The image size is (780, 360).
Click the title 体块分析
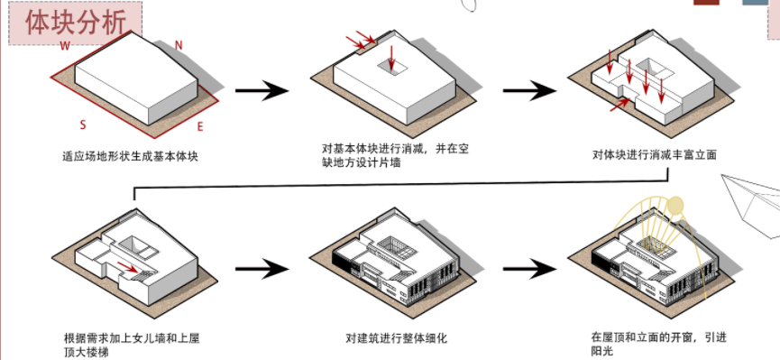click(x=76, y=23)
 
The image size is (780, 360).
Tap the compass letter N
click(x=179, y=45)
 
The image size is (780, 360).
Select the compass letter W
click(x=65, y=46)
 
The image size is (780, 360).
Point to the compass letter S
click(x=83, y=125)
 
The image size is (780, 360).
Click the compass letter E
click(x=200, y=127)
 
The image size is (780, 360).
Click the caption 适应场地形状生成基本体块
click(x=131, y=156)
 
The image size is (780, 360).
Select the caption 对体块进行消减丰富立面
click(x=654, y=154)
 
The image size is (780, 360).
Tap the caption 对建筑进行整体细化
click(x=397, y=338)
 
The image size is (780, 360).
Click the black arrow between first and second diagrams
click(x=262, y=90)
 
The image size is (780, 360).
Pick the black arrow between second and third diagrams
click(x=530, y=90)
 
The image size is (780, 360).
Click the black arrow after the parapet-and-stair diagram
click(x=262, y=269)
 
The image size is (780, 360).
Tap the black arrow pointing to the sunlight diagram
click(x=530, y=269)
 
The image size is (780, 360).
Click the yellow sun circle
click(x=675, y=206)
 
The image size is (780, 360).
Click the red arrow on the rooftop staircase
click(x=128, y=267)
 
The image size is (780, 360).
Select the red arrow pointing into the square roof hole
click(x=391, y=57)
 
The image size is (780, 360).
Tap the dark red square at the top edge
click(x=706, y=2)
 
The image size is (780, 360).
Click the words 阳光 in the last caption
click(x=603, y=352)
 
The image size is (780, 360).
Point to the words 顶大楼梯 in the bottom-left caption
click(x=86, y=353)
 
